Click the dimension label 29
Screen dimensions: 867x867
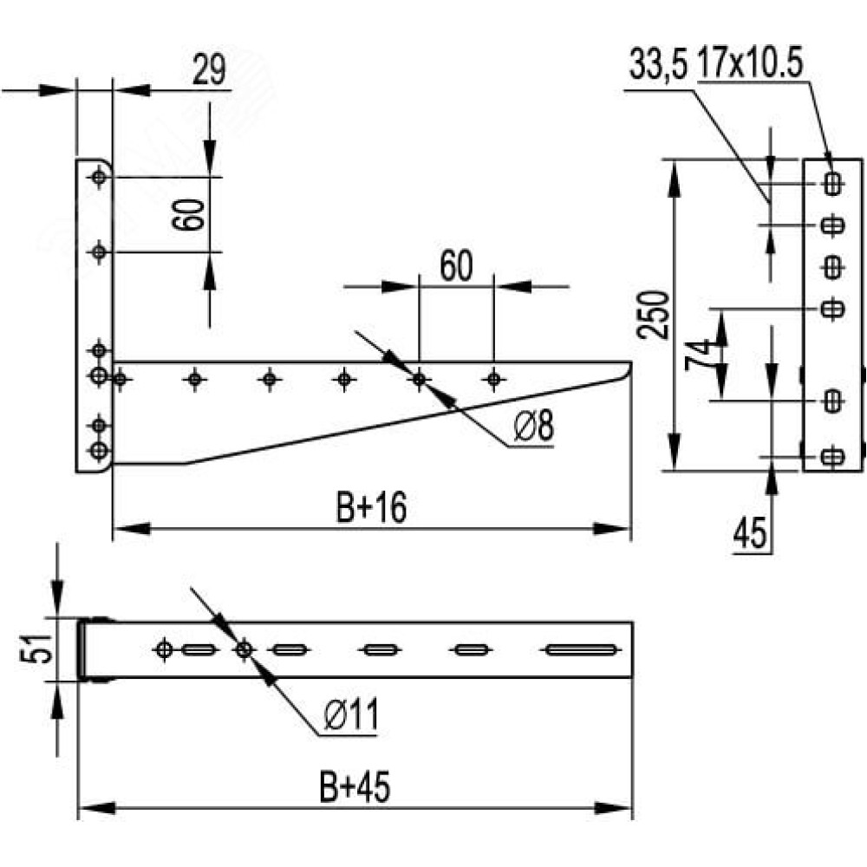coord(209,69)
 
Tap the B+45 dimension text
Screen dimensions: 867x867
coord(355,786)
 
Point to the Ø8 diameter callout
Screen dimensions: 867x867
coord(533,426)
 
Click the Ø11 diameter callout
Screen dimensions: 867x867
coord(352,714)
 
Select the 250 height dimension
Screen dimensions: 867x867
coord(653,315)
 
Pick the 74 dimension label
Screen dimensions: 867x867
coord(698,355)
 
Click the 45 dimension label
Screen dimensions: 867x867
coord(750,532)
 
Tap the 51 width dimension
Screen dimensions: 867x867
coord(36,648)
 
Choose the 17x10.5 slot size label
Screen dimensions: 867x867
coord(749,64)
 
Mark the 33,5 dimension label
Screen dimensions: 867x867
coord(658,65)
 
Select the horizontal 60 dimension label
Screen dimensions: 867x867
coord(457,266)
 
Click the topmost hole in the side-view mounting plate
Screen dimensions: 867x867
coord(99,178)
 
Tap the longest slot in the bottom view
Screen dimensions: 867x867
coord(581,649)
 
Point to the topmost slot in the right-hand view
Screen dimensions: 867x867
coord(832,183)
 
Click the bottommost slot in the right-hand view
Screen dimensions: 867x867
coord(832,457)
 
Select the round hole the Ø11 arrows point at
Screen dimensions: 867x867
coord(244,649)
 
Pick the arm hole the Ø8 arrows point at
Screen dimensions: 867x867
coord(419,380)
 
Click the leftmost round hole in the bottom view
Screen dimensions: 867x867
coord(164,649)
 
